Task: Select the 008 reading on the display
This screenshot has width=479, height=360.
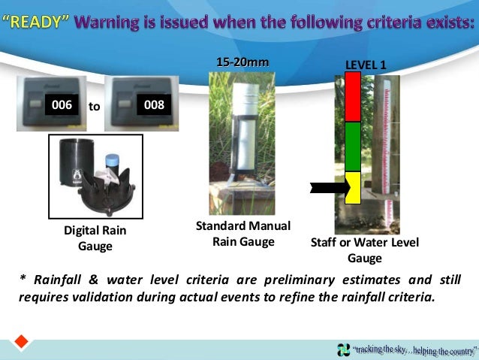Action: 154,105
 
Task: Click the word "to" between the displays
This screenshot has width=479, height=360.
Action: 95,106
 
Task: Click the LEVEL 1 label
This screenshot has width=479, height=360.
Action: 366,65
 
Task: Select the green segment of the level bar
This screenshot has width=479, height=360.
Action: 353,147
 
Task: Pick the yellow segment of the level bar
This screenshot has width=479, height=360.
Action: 354,188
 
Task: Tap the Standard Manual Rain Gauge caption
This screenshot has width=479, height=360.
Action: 243,234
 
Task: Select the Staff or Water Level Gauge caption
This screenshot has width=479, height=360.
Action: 364,250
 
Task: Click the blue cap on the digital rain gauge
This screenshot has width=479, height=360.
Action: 113,161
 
